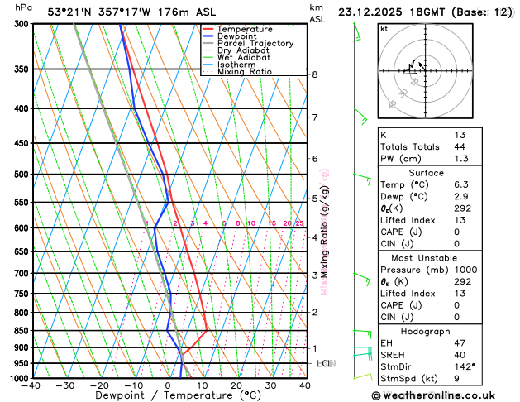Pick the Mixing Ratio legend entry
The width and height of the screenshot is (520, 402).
244,71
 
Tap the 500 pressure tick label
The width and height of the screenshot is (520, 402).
22,175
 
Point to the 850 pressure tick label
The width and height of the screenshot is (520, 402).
22,331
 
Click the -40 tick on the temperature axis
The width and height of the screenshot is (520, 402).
32,385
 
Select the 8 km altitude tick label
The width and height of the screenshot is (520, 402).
315,74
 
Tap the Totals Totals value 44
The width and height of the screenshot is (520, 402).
460,146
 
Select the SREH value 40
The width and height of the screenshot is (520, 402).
460,355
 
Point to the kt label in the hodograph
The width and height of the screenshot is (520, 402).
384,28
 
